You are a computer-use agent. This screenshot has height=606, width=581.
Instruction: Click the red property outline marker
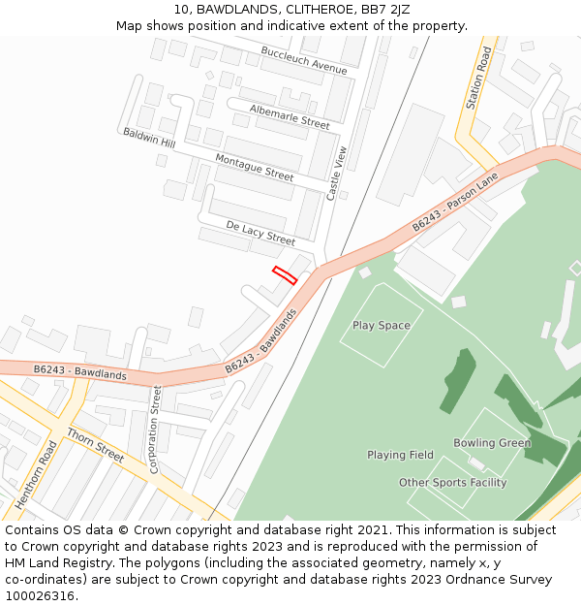284,274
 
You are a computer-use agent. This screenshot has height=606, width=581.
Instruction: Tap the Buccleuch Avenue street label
304,60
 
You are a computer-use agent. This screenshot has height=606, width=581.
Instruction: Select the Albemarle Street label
290,116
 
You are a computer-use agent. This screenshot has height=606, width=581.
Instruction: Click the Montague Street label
254,168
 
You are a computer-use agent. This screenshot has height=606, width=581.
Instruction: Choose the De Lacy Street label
260,233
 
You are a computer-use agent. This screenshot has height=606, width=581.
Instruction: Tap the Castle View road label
336,174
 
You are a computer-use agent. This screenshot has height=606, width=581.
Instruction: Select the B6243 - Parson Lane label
454,202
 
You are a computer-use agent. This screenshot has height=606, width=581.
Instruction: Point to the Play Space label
382,326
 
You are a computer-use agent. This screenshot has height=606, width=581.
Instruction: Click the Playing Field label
400,455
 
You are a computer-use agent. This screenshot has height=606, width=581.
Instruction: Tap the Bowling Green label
492,443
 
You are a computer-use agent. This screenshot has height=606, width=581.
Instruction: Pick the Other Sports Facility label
452,483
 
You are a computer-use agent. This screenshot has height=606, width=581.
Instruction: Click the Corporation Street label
155,430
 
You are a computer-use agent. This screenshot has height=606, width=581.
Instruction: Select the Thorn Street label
95,447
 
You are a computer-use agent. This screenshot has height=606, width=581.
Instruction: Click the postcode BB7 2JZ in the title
386,10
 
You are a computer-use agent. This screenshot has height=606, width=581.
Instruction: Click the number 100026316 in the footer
42,595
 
